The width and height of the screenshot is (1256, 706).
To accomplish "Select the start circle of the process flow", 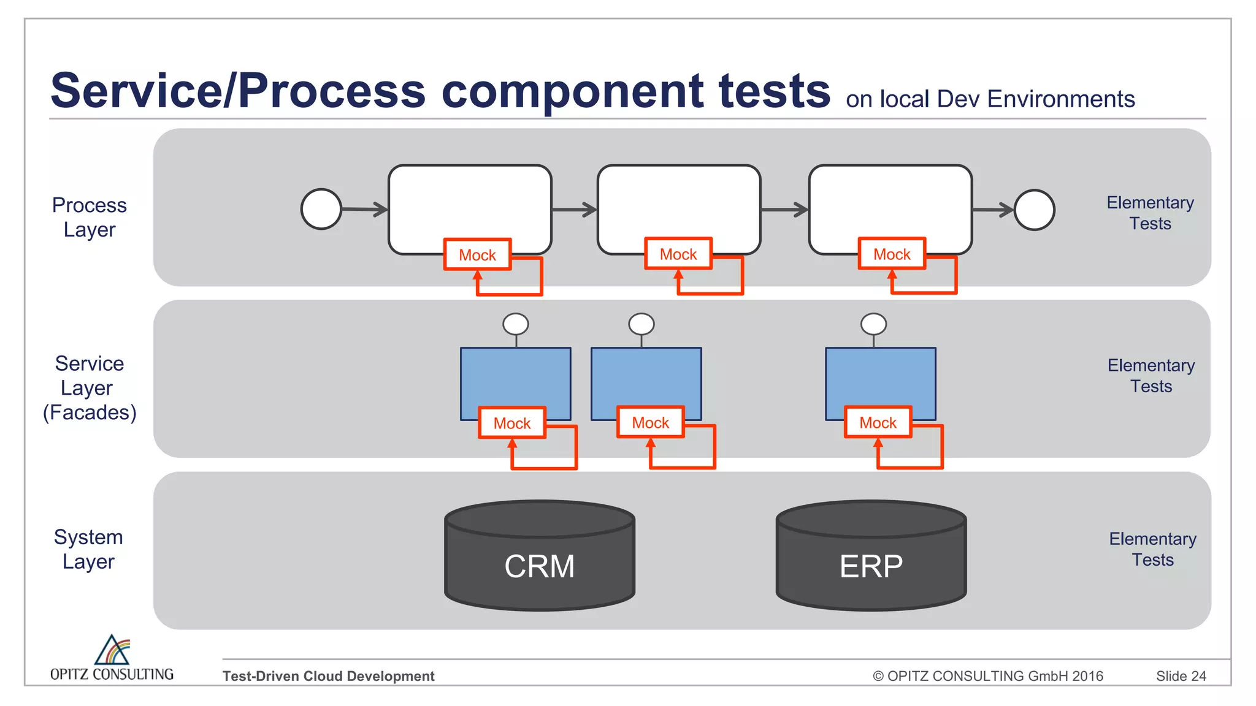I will (x=321, y=209).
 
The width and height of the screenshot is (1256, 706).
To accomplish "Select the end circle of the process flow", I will (x=1034, y=210).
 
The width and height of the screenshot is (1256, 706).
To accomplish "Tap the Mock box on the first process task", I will (x=477, y=254).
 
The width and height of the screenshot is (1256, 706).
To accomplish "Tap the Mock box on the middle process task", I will (x=678, y=254).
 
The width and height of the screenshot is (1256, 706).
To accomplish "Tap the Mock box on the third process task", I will (x=891, y=254).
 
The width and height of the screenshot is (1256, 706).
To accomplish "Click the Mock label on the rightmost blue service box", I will (x=878, y=422).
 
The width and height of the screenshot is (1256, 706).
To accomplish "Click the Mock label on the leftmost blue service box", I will (x=511, y=423).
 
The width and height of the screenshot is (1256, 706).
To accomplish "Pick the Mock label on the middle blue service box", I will (x=650, y=422).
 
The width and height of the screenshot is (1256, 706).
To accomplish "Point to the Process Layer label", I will (x=90, y=217).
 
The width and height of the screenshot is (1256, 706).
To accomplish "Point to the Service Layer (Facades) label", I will (x=90, y=388).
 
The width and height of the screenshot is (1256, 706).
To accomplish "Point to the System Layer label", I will (x=89, y=549).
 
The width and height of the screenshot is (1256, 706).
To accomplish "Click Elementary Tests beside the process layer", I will (x=1150, y=213).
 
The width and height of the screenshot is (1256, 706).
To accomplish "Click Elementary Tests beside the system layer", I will (x=1152, y=549).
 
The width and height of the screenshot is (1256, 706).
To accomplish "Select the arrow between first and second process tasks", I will (x=574, y=210).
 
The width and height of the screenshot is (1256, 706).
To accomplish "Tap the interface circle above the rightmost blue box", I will (x=873, y=324).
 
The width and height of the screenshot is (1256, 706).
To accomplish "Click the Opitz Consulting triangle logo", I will (x=112, y=650).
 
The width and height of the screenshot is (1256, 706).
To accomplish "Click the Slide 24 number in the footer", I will (x=1181, y=676).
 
